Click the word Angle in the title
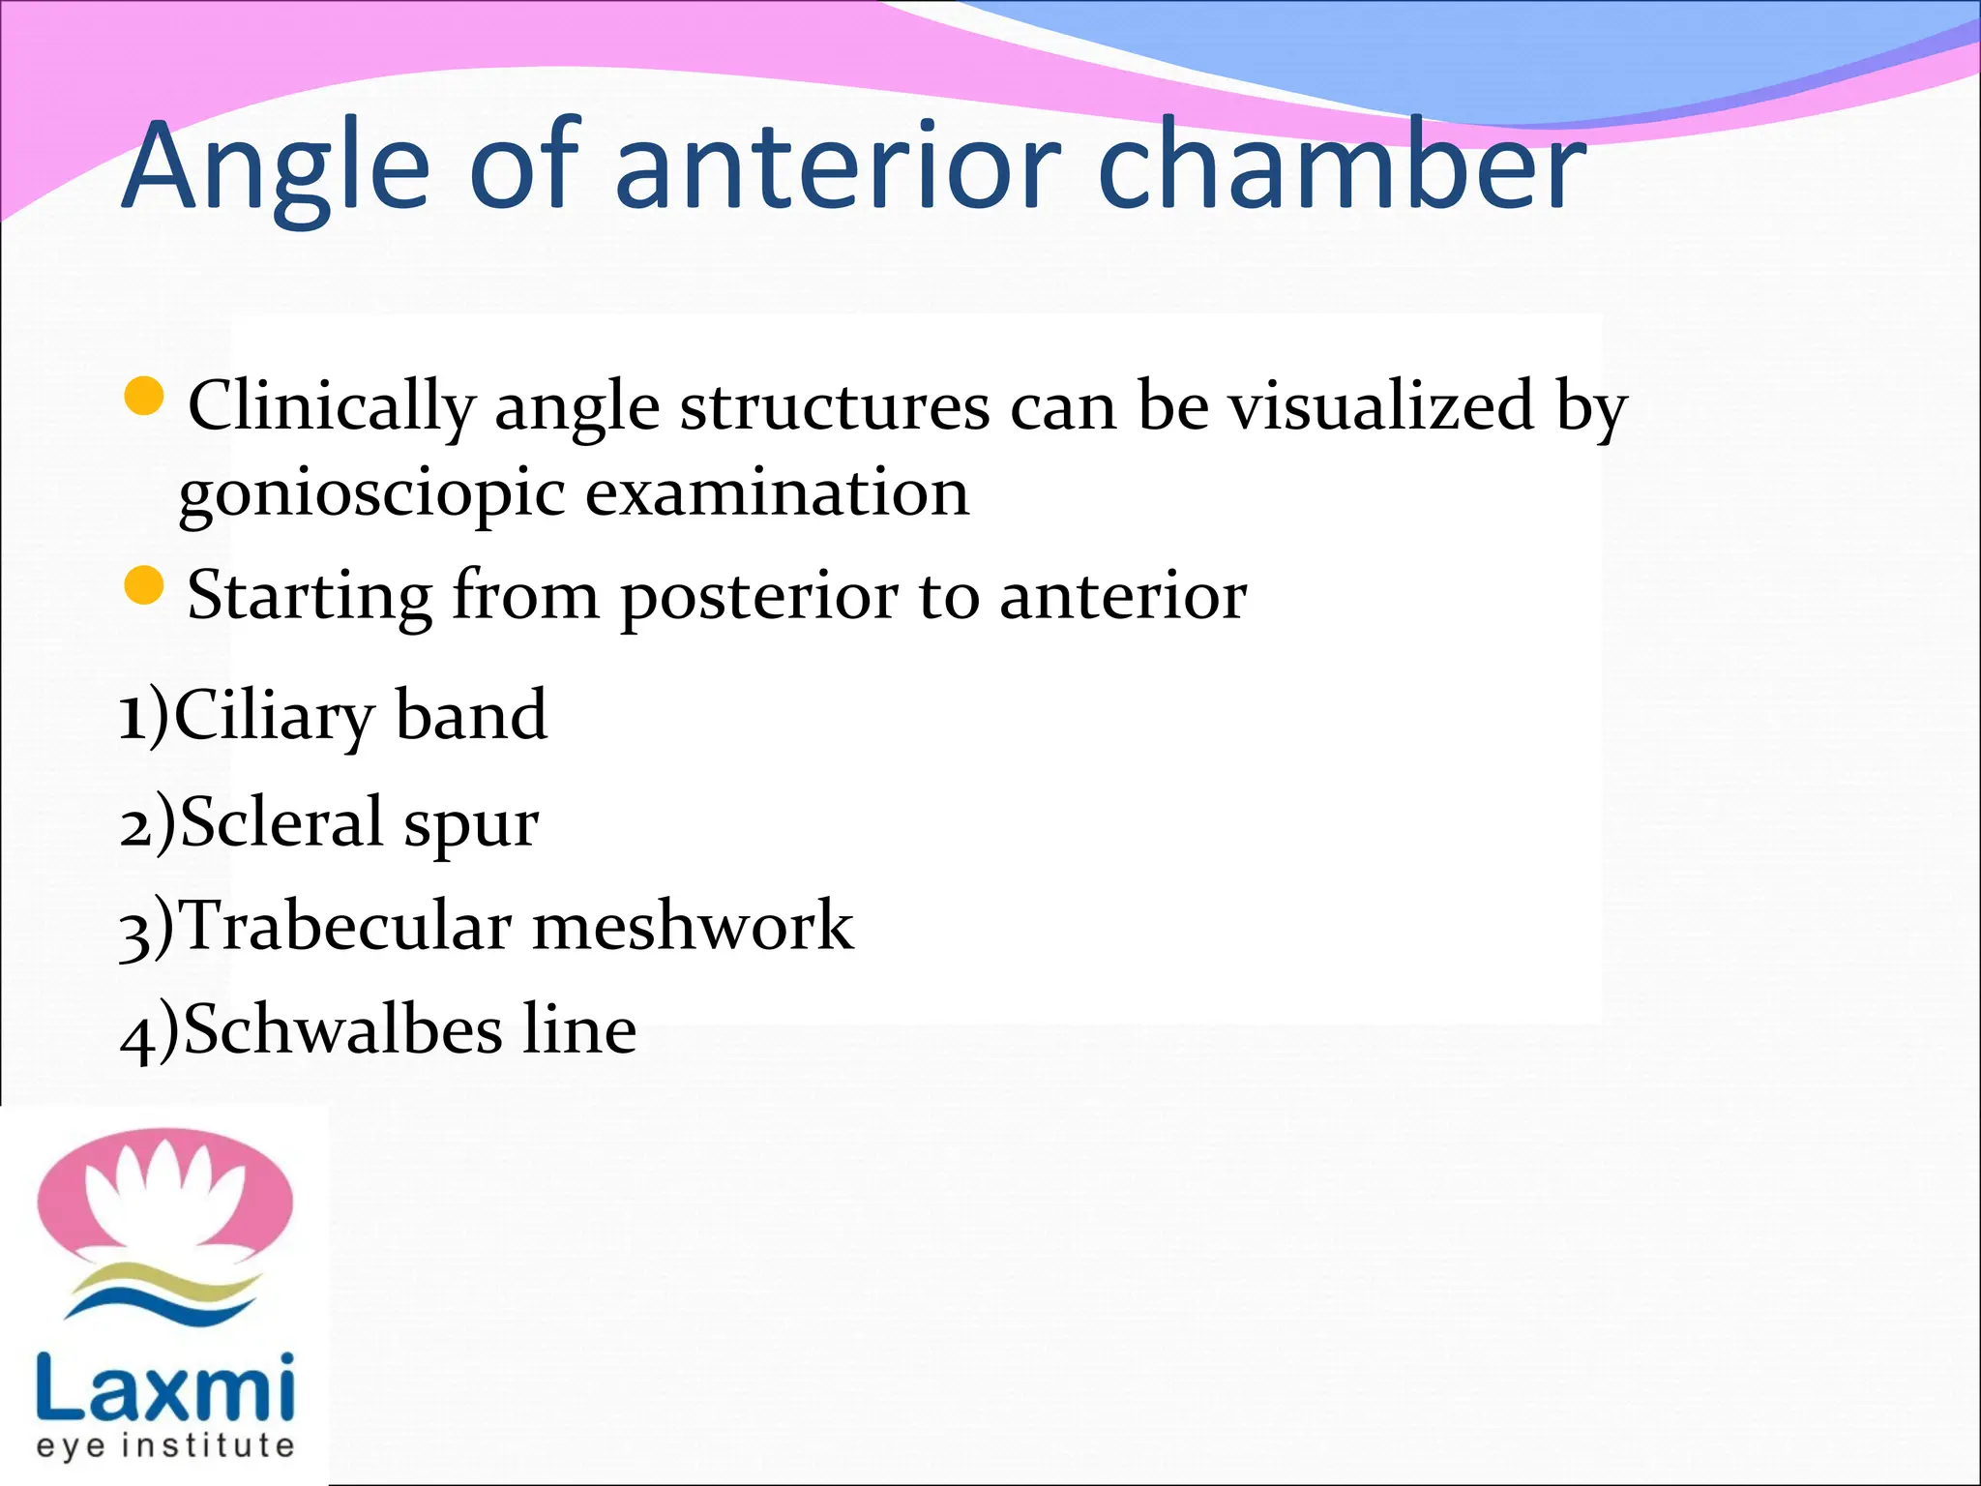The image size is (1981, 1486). pos(276,166)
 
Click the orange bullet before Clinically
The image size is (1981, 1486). pos(144,397)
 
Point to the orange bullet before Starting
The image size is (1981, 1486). pos(144,586)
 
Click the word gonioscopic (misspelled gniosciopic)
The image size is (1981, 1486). pos(371,494)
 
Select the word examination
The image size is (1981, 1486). pos(777,492)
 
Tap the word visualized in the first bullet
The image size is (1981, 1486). pos(1381,405)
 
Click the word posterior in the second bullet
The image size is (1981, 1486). pos(758,597)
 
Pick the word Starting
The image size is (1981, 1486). pos(310,597)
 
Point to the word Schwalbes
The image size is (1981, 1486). pos(343,1029)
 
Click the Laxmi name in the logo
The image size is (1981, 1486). pos(164,1389)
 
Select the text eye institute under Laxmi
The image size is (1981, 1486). pos(164,1445)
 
